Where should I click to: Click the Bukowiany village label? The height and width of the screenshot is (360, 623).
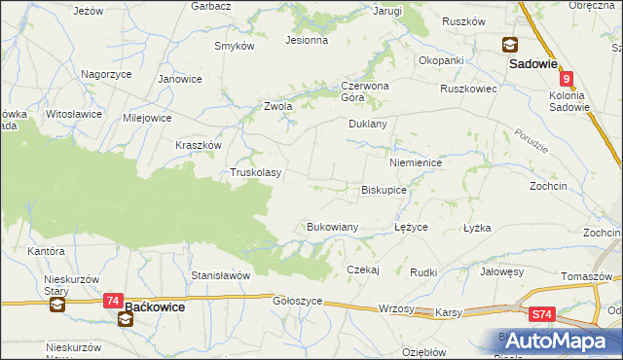333,227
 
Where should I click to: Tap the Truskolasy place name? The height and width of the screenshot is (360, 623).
255,173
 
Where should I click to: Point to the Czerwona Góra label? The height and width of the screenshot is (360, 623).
364,90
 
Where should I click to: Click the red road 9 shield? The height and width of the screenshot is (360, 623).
567,80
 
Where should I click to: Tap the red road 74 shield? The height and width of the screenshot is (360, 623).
114,303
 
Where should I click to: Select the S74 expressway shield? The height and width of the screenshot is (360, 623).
543,314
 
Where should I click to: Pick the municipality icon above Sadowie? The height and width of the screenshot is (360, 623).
510,45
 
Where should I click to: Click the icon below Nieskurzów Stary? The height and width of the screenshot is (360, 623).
56,306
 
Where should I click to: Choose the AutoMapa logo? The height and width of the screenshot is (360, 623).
554,341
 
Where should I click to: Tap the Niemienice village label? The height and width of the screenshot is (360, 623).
415,163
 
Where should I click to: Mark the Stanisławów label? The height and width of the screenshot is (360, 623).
221,275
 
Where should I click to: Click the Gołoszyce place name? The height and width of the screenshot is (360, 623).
297,302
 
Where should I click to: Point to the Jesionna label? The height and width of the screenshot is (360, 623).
306,41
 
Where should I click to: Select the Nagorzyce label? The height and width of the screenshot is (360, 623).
106,74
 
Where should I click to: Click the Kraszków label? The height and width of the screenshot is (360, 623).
199,144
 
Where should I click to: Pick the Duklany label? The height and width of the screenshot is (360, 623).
368,125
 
